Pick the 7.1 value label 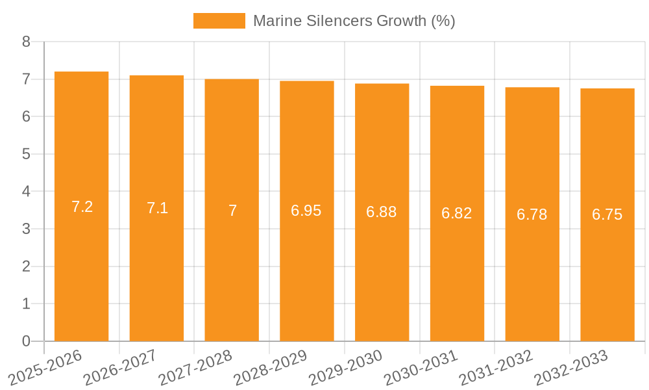tap(157, 208)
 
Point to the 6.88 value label tap(382, 212)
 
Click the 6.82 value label tap(457, 213)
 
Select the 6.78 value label tap(532, 214)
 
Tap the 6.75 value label tap(607, 214)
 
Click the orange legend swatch tap(219, 21)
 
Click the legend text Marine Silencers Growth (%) tap(354, 21)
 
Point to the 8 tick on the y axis tap(26, 42)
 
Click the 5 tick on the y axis tap(26, 154)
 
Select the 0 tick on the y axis tap(26, 341)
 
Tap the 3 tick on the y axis tap(26, 229)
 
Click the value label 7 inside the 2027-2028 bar tap(232, 211)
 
